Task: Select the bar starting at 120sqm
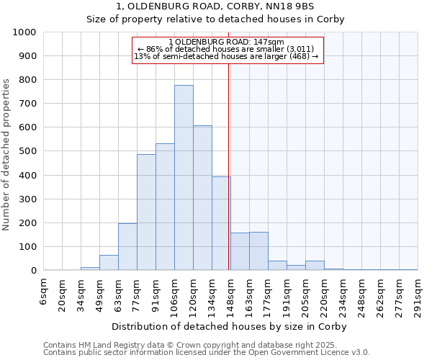tap(202, 198)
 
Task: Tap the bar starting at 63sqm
tap(127, 247)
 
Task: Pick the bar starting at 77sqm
tap(146, 212)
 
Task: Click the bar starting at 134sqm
tap(221, 223)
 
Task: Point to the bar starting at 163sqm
tap(258, 251)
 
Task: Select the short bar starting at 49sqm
tap(109, 263)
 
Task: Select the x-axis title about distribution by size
tap(230, 326)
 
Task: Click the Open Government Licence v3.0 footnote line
tap(207, 353)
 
